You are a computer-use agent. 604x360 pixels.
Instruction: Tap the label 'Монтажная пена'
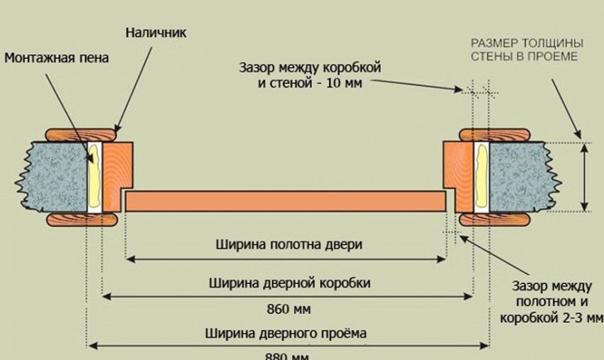[56, 58]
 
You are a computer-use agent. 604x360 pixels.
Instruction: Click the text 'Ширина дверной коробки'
[289, 283]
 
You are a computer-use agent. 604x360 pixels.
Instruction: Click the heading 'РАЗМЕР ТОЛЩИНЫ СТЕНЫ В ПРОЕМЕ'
[526, 48]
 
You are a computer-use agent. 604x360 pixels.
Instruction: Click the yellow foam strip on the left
[93, 174]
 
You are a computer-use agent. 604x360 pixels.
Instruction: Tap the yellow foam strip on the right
[480, 176]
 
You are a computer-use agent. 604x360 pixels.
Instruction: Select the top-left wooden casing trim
[82, 133]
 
